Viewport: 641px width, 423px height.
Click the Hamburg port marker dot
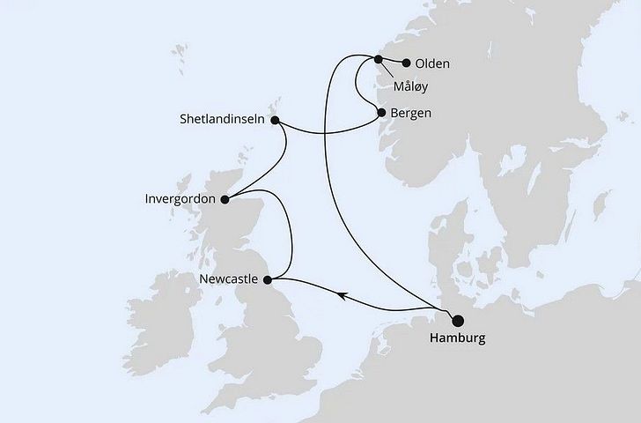click(x=458, y=322)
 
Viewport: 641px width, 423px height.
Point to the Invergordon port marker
click(x=224, y=199)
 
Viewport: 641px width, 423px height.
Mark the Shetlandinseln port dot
click(x=275, y=121)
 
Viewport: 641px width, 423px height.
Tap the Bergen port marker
click(x=381, y=113)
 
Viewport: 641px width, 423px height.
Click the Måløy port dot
click(x=379, y=60)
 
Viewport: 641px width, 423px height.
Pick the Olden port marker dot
click(x=406, y=63)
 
